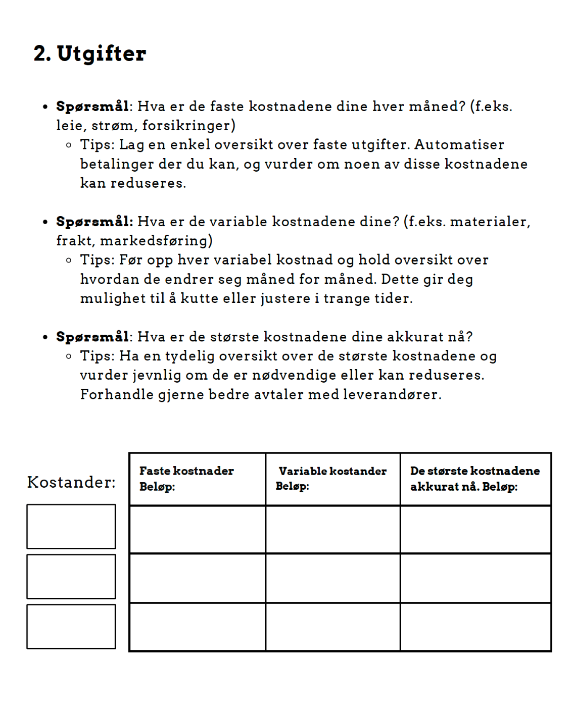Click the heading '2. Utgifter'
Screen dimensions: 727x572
pyautogui.click(x=90, y=54)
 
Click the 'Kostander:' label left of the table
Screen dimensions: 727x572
pyautogui.click(x=71, y=482)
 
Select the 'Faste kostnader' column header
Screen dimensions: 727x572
pyautogui.click(x=186, y=471)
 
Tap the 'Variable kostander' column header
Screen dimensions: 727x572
pyautogui.click(x=332, y=471)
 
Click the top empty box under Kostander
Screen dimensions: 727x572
pyautogui.click(x=71, y=527)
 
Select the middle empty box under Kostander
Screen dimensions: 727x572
pyautogui.click(x=71, y=577)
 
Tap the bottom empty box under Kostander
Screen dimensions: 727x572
pyautogui.click(x=71, y=627)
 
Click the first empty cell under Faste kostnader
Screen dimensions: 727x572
pyautogui.click(x=198, y=530)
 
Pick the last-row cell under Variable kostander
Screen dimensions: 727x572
pyautogui.click(x=333, y=627)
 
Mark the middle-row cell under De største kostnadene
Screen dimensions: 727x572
pyautogui.click(x=475, y=578)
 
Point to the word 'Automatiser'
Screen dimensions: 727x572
pyautogui.click(x=459, y=145)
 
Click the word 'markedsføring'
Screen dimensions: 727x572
pyautogui.click(x=154, y=241)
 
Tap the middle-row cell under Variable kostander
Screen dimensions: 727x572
pyautogui.click(x=333, y=578)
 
